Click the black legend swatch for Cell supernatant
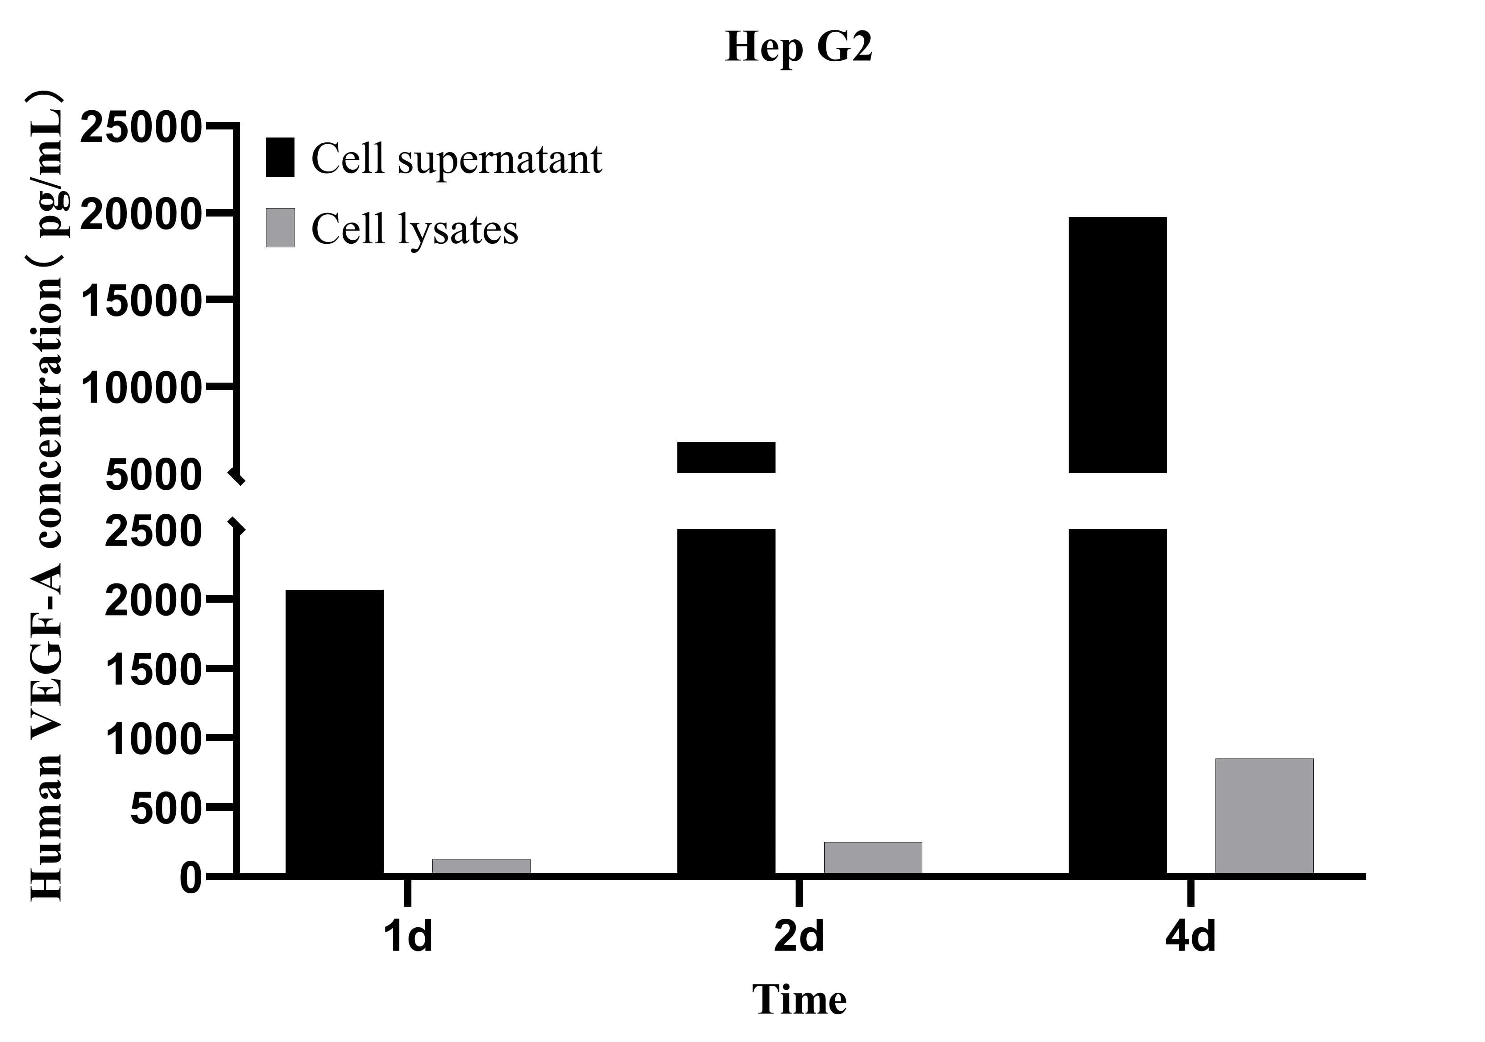click(280, 157)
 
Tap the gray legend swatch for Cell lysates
click(280, 228)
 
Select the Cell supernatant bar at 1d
click(334, 731)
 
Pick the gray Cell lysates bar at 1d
click(481, 866)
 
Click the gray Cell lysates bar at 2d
click(872, 858)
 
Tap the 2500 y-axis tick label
click(153, 532)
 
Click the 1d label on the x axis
click(407, 937)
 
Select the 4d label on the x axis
click(1190, 937)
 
